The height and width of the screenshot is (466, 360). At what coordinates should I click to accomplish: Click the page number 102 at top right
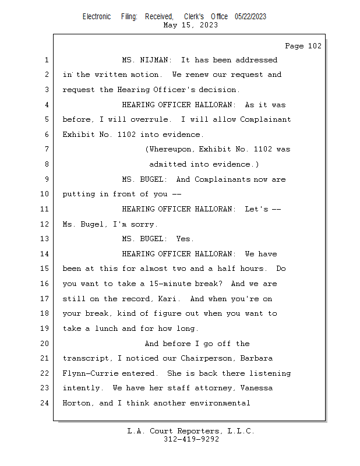click(x=315, y=46)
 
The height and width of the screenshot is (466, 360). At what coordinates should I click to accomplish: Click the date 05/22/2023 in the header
click(x=250, y=16)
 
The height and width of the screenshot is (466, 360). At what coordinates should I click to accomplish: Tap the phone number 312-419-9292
click(x=191, y=439)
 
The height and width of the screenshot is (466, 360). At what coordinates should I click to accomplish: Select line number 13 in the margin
click(x=44, y=239)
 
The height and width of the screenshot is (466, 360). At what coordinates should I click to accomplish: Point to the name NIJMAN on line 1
click(x=154, y=60)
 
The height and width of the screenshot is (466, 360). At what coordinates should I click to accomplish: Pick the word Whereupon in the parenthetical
click(x=170, y=149)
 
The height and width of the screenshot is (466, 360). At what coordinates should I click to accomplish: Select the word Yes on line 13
click(x=183, y=239)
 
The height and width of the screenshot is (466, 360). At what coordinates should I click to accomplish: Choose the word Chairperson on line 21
click(x=206, y=358)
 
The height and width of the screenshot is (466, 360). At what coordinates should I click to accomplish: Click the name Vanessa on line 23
click(x=256, y=388)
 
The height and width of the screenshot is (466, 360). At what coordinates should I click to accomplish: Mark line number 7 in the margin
click(x=47, y=149)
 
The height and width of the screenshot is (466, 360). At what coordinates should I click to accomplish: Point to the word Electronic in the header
click(x=97, y=16)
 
